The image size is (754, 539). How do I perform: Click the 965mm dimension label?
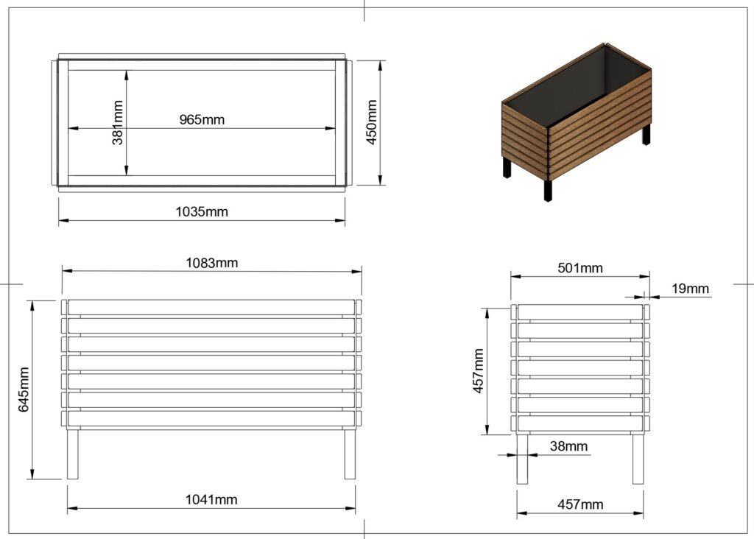202,119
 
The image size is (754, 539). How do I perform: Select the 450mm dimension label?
372,121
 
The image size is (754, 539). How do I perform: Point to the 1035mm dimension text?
202,212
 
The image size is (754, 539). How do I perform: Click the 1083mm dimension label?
211,262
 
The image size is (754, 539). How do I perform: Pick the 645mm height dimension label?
24,390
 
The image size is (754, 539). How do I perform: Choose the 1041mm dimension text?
211,499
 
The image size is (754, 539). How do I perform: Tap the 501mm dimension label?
580,268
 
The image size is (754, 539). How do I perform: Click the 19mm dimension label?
690,289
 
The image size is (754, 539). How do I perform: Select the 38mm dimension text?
568,445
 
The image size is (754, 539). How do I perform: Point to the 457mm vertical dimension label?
479,372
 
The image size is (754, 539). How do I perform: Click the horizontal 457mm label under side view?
580,504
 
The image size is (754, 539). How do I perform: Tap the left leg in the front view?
73,453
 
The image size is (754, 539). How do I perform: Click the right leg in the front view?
350,453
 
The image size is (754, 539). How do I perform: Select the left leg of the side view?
522,458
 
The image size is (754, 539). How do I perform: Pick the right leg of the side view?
638,458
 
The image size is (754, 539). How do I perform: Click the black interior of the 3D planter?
582,85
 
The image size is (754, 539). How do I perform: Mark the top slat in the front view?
211,307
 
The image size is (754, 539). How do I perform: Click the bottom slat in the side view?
580,423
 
